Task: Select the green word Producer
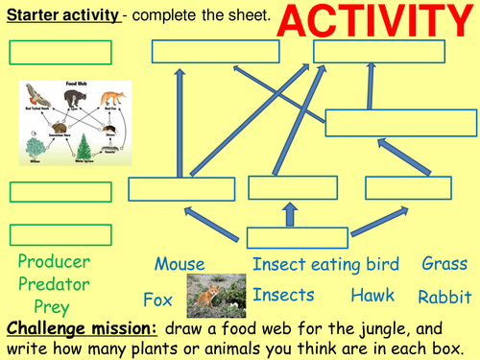point(54,261)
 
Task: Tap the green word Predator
point(54,284)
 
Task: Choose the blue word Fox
point(158,299)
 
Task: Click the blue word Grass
point(444,263)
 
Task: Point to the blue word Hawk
point(372,296)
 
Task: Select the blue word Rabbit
point(444,297)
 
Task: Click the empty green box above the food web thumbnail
point(60,53)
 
